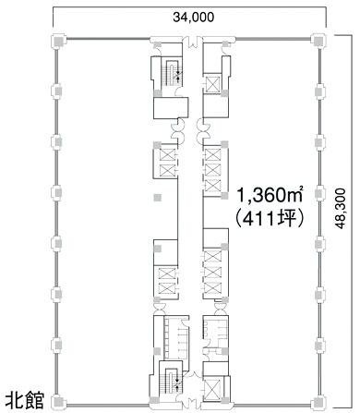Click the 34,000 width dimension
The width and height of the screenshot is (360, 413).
[x=188, y=16]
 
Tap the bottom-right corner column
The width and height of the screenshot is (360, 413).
[x=319, y=401]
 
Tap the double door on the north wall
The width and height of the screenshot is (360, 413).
[x=188, y=42]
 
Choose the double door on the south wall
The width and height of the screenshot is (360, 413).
[x=188, y=400]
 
